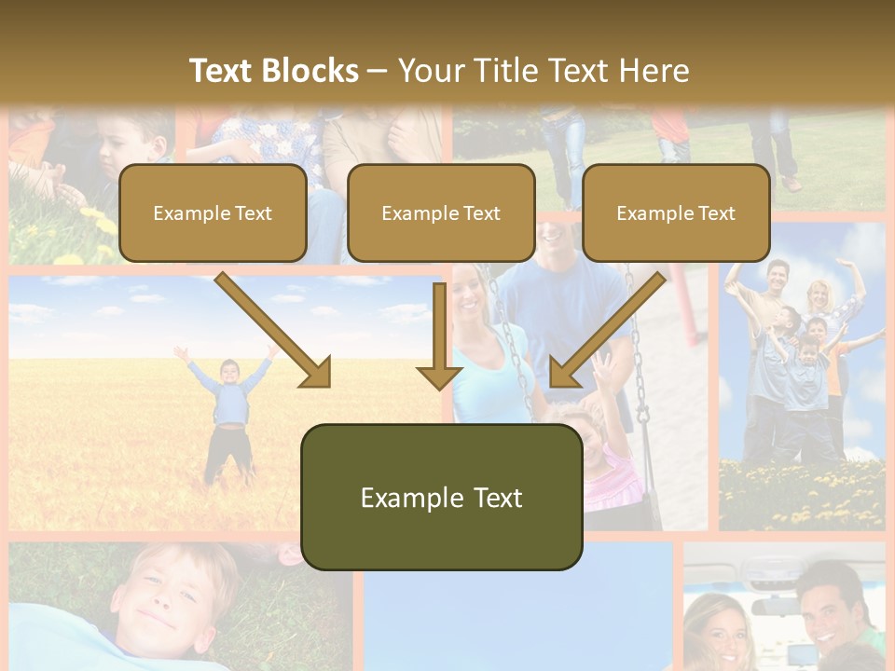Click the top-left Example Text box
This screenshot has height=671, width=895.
pos(213,212)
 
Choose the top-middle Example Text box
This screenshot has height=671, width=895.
pos(441,212)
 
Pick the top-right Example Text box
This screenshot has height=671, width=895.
pos(676,212)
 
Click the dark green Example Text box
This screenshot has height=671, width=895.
pos(441,497)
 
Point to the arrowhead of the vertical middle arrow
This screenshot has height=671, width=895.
pos(439,377)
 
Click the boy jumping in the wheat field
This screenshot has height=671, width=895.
pos(228,410)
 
